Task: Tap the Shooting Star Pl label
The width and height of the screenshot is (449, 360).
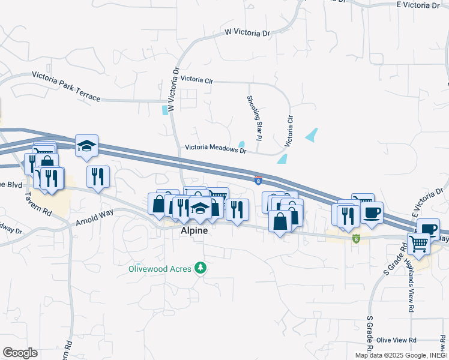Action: pyautogui.click(x=255, y=118)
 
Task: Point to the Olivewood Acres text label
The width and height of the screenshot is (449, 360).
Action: pyautogui.click(x=159, y=269)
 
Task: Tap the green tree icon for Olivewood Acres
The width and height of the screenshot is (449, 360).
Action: pyautogui.click(x=202, y=268)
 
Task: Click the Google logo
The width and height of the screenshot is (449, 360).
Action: pyautogui.click(x=20, y=353)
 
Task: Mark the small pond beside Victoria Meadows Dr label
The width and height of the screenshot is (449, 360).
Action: pyautogui.click(x=241, y=144)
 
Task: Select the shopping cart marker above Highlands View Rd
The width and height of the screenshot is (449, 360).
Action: pyautogui.click(x=419, y=244)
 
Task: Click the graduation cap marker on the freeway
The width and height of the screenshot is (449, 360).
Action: pyautogui.click(x=86, y=145)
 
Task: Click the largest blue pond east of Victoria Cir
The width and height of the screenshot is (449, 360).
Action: pyautogui.click(x=312, y=135)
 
